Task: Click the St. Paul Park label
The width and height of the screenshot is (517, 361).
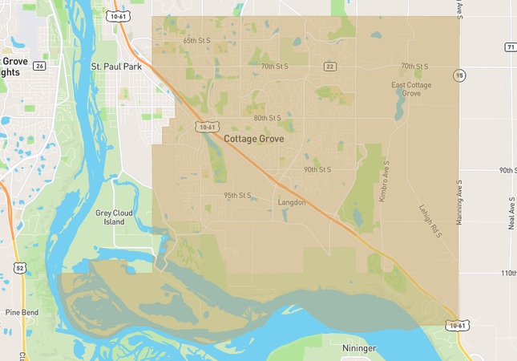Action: point(116,67)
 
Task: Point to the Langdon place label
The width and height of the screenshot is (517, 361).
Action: point(292,202)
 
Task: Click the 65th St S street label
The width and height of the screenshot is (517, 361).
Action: point(197,40)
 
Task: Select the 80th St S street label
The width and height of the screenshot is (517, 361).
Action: point(267,118)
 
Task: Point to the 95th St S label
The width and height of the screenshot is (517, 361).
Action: point(237,195)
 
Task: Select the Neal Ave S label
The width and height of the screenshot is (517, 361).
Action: point(511,212)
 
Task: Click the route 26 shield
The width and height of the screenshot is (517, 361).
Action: point(39,66)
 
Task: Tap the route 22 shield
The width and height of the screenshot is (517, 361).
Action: point(329,66)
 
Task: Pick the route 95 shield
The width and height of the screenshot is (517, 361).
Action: point(459,75)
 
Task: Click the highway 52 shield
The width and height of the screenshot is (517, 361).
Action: point(18,266)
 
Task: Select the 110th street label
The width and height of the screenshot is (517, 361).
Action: point(508,273)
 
